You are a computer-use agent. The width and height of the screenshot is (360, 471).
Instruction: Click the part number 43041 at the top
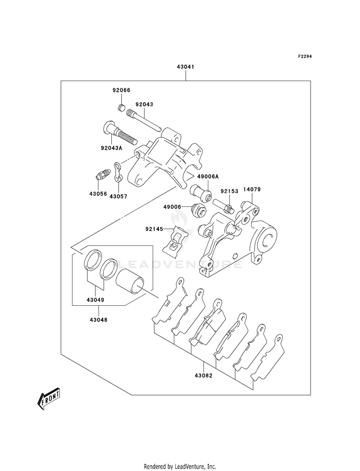[x=185, y=67]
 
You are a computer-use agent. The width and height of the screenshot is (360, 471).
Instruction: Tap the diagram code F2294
[x=304, y=56]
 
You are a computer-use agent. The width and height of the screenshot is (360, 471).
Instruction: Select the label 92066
[x=121, y=90]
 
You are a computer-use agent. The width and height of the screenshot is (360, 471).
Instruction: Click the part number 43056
[x=98, y=194]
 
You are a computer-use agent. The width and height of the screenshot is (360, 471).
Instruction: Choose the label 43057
[x=118, y=196]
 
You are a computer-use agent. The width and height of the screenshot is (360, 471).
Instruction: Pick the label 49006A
[x=208, y=177]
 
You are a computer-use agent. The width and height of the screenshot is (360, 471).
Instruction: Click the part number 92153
[x=229, y=191]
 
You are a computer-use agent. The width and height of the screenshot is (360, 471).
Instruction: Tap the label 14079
[x=252, y=189]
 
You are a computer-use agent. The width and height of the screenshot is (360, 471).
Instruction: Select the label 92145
[x=154, y=229]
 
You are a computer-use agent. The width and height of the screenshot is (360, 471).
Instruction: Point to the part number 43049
[x=95, y=300]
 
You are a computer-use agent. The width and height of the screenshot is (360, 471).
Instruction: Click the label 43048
[x=98, y=320]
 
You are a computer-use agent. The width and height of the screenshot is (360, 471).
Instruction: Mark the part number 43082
[x=203, y=375]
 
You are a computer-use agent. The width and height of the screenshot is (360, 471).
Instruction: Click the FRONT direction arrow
[x=48, y=399]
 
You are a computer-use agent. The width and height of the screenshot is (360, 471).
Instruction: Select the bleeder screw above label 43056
[x=104, y=174]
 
